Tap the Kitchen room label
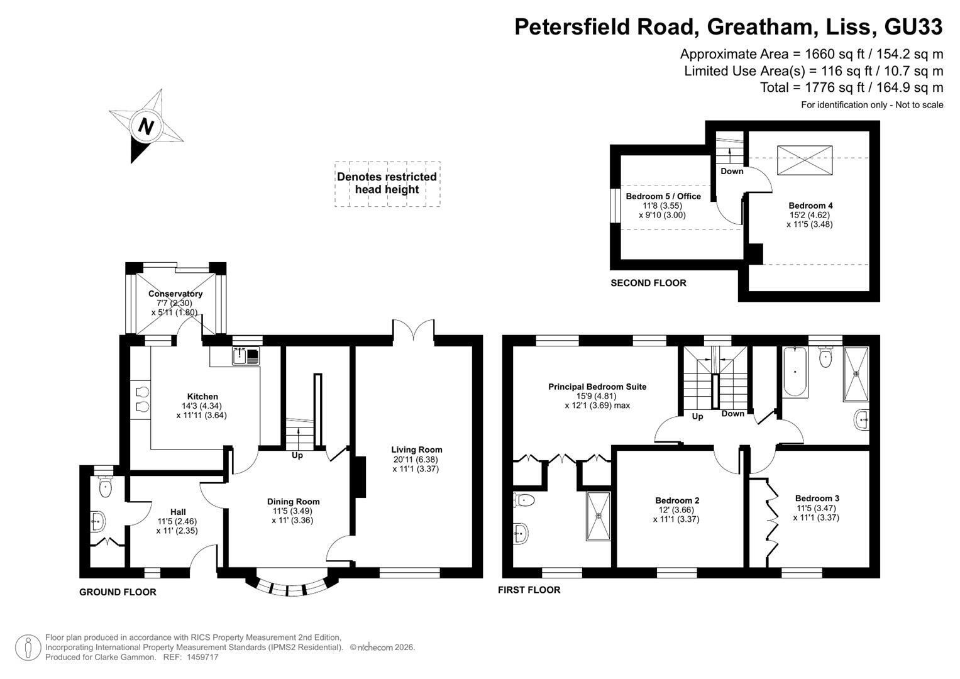pos(202,397)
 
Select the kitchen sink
pos(246,356)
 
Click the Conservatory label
pos(175,294)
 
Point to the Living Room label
pos(417,450)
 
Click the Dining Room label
pos(293,502)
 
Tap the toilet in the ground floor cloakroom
pos(105,487)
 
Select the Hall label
pos(178,512)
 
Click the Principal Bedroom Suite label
pos(597,387)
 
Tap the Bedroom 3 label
pos(817,498)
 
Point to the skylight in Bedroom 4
pos(805,160)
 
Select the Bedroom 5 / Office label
pos(663,196)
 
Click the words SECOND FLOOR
pos(648,283)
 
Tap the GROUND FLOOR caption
pos(118,592)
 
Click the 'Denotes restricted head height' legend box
pos(387,184)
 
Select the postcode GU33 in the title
pos(913,26)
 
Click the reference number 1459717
pos(202,657)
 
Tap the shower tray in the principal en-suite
pos(599,516)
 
